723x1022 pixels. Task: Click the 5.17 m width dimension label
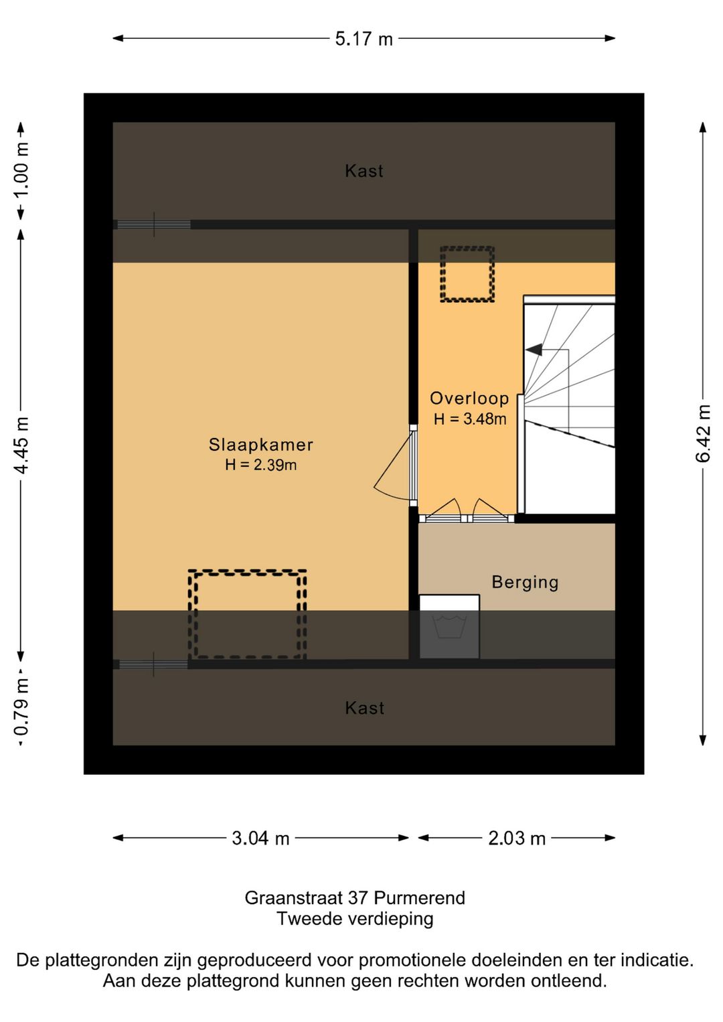[x=364, y=39]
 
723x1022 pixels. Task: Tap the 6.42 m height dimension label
[x=703, y=433]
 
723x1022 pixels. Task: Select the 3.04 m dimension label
[x=260, y=838]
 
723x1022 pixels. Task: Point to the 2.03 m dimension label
[x=517, y=838]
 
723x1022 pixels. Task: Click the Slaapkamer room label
[x=261, y=445]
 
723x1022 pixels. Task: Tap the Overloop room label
[x=469, y=398]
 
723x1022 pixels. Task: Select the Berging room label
[x=525, y=583]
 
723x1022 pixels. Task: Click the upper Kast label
[x=364, y=171]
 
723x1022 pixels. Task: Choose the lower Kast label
[x=364, y=708]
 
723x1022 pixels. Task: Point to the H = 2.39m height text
[x=261, y=465]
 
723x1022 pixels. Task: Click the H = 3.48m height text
[x=470, y=419]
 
